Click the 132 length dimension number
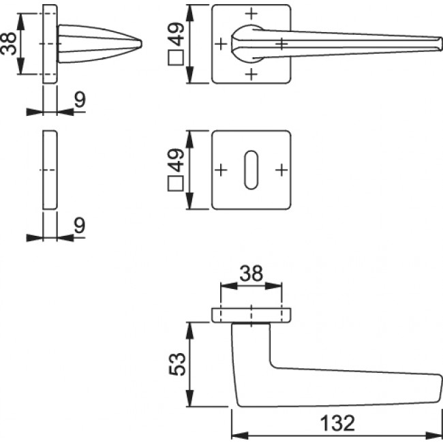coord(336,423)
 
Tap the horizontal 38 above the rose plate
coord(251,275)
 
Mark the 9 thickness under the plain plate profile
coord(79,226)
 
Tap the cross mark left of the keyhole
coord(220,168)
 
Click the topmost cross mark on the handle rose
coord(251,13)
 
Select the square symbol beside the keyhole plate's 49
coord(175,183)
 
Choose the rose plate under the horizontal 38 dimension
coord(251,314)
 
